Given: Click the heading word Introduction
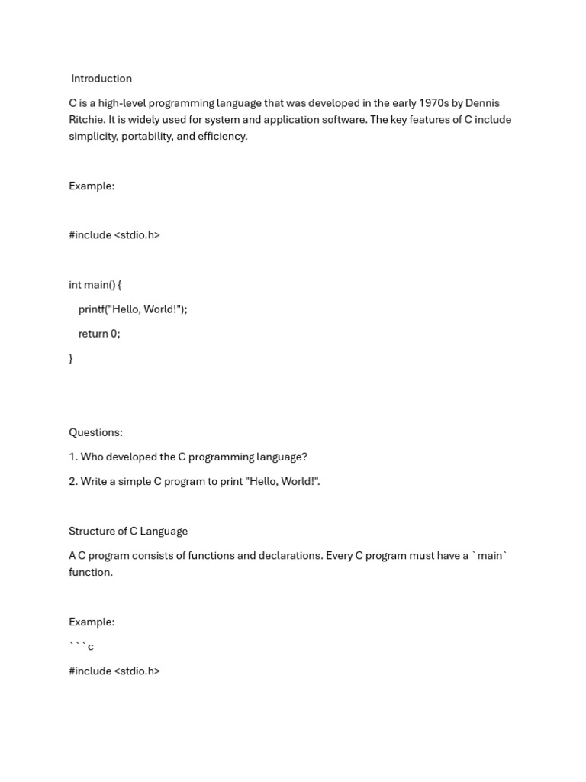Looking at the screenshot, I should pos(101,79).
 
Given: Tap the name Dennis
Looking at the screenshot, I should pos(483,103).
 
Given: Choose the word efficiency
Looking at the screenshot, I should pos(223,137).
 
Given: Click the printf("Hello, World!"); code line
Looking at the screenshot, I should pos(133,309).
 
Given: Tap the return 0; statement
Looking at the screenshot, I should pos(99,334).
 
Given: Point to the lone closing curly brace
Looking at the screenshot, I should pos(71,358).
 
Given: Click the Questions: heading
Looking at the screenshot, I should pos(95,432).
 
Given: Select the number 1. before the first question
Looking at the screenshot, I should pos(72,457).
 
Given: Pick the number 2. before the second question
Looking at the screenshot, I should pos(73,482).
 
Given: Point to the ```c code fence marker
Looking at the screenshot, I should pos(81,647).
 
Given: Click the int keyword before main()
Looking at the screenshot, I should pos(75,285).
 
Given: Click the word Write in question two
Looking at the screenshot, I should pos(95,482).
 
